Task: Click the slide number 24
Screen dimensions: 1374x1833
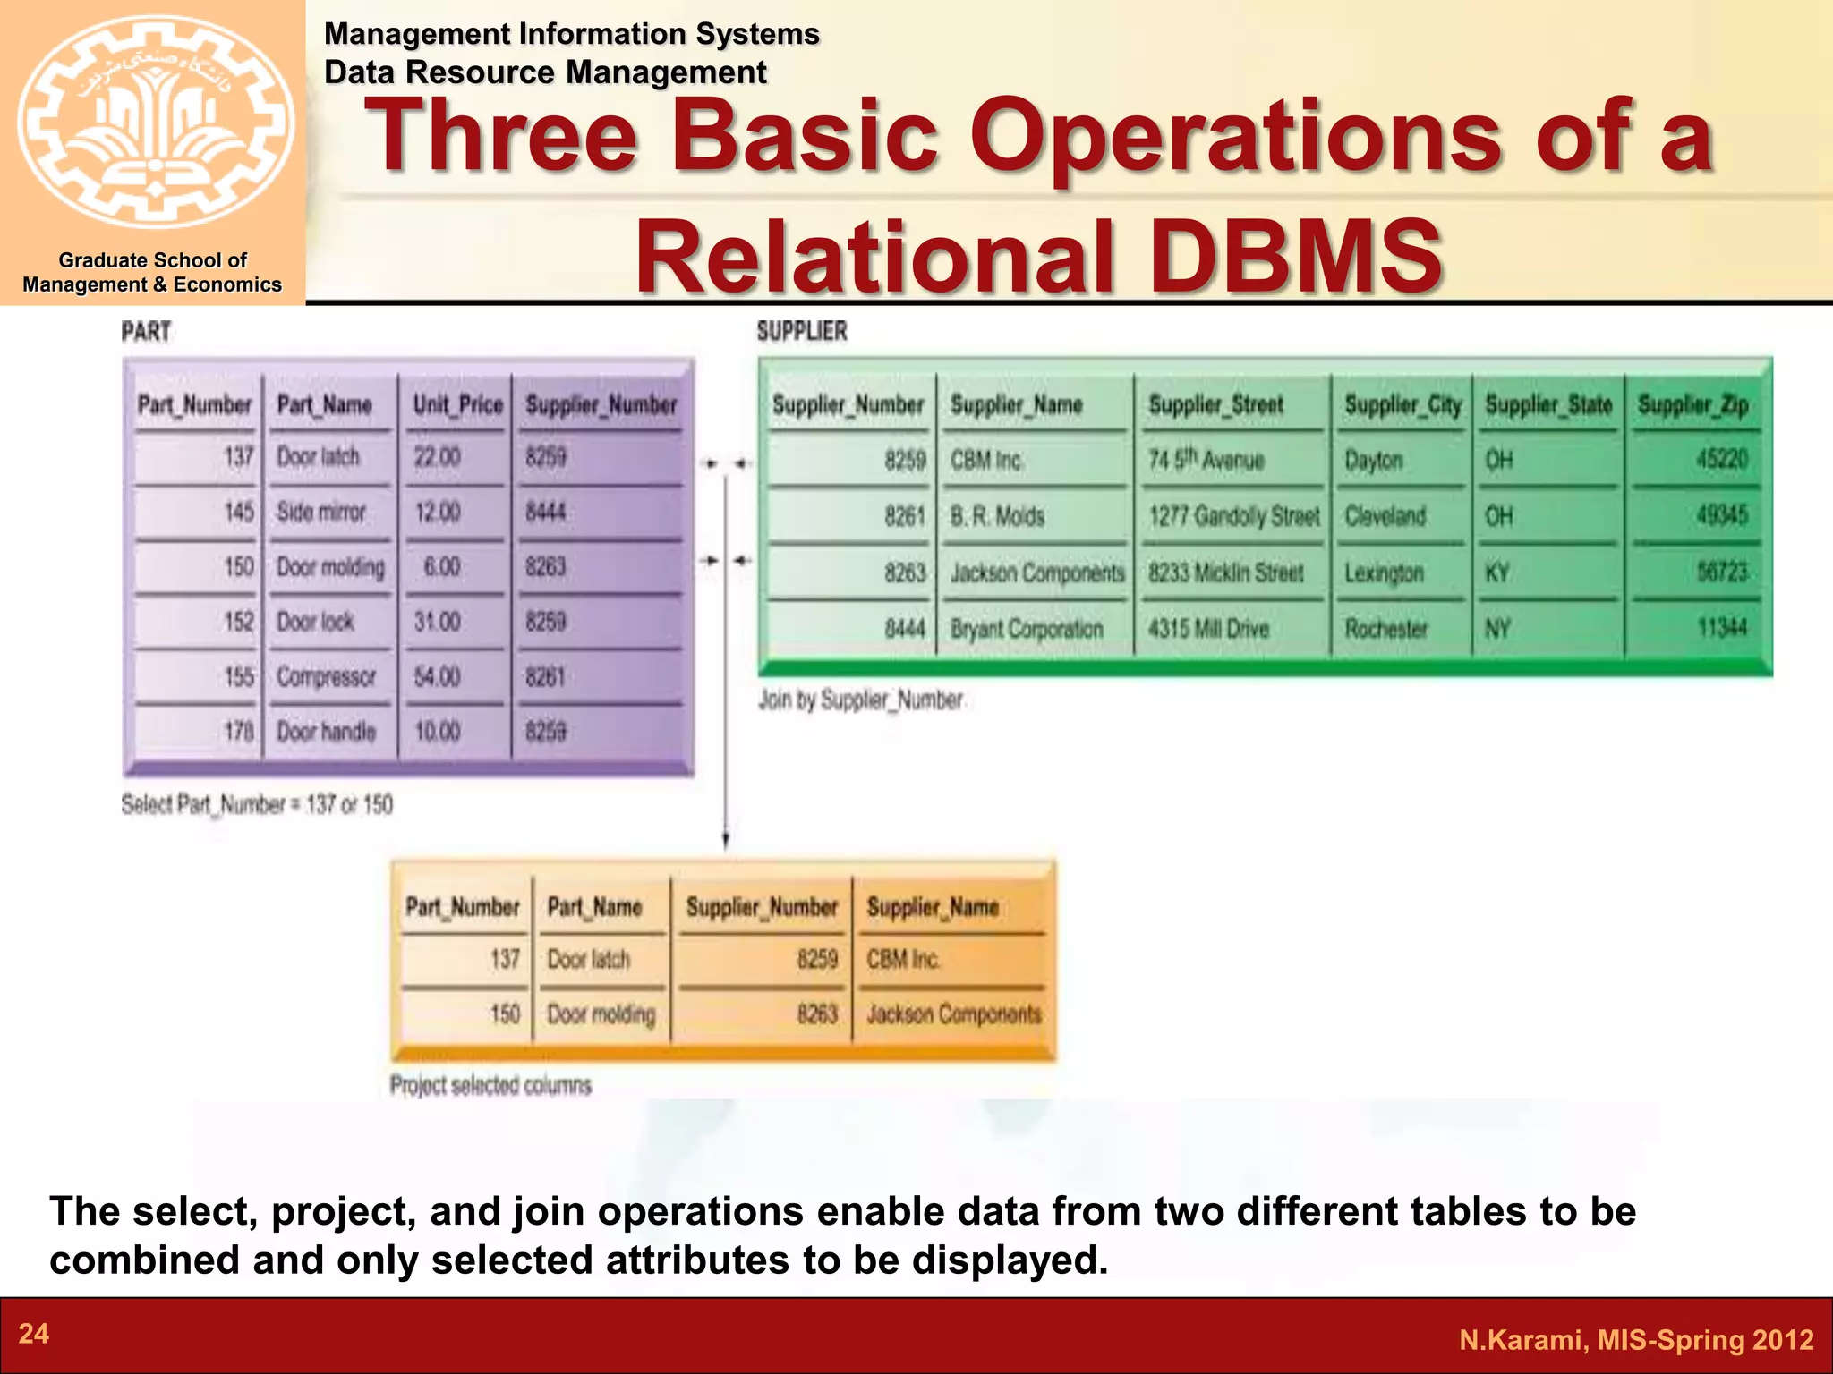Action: pos(34,1334)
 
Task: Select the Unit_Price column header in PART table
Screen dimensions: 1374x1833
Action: pos(457,405)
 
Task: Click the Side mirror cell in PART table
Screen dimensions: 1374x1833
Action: pos(321,513)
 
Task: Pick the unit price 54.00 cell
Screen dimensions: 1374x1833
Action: pos(438,677)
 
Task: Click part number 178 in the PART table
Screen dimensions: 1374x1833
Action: pos(239,732)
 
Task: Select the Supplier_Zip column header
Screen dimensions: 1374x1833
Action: pos(1692,405)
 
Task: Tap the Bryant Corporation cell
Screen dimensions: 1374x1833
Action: pos(1027,629)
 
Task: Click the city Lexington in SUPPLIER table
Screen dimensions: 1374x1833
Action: pos(1384,572)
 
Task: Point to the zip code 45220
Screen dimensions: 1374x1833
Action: pos(1721,460)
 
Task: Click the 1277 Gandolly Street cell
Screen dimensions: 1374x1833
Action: pos(1233,516)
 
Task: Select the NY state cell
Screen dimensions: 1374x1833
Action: pos(1498,629)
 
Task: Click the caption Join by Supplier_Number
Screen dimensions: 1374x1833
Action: pos(861,700)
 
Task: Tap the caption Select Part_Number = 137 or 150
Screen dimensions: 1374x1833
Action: pos(257,804)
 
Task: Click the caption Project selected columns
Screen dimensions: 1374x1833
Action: pos(490,1085)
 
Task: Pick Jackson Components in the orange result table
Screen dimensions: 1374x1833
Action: pos(953,1014)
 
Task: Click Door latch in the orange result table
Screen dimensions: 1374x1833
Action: pos(589,960)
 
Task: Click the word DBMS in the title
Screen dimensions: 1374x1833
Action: pos(1295,257)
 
